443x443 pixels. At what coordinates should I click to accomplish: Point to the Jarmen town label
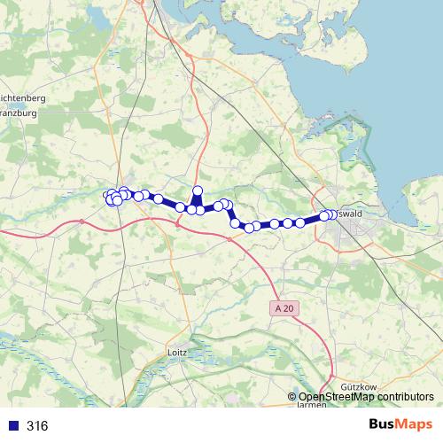click(x=311, y=404)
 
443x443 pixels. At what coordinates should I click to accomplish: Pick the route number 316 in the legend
click(x=37, y=426)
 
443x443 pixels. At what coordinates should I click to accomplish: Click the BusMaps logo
click(x=400, y=425)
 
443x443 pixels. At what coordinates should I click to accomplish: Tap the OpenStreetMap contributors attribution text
click(x=366, y=397)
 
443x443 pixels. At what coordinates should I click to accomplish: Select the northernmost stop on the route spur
click(x=198, y=191)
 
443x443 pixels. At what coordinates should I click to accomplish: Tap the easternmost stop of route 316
click(x=332, y=214)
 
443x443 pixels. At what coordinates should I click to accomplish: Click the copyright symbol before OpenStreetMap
click(x=292, y=397)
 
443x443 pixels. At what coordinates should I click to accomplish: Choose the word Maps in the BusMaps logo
click(x=416, y=425)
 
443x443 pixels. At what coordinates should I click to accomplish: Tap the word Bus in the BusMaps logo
click(x=384, y=425)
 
